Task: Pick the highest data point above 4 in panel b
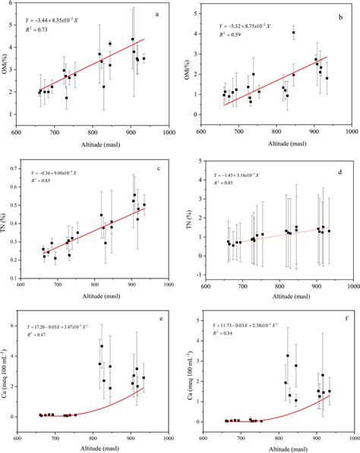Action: pos(293,33)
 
